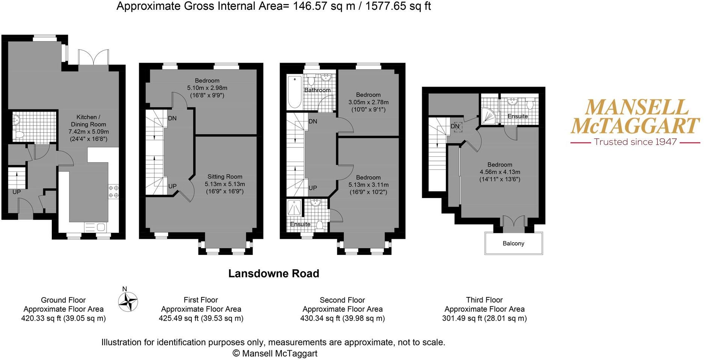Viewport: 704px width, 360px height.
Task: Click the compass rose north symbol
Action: coord(128,302)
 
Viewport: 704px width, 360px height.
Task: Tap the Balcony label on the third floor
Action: coord(513,243)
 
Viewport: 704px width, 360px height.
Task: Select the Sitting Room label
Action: coord(225,177)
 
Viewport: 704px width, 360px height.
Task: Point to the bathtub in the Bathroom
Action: coord(294,91)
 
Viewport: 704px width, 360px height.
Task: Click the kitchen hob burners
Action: coord(114,192)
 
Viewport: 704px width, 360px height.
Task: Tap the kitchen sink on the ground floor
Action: coord(96,227)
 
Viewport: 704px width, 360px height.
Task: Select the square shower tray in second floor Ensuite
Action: coord(294,207)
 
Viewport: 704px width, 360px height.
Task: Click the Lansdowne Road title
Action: coord(274,273)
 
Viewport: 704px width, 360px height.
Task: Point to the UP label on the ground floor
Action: coord(17,192)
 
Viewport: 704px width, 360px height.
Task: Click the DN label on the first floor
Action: coord(172,118)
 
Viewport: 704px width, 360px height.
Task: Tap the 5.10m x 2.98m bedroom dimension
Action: coord(207,88)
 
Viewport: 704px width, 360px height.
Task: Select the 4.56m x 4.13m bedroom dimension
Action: coord(499,172)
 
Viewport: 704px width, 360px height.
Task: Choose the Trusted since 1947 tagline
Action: coord(635,142)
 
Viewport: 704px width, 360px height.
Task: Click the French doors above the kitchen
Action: coord(93,57)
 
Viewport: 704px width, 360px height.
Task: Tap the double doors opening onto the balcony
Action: coord(513,224)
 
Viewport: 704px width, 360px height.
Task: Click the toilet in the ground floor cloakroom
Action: coord(20,134)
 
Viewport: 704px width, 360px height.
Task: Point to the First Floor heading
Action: coord(201,300)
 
